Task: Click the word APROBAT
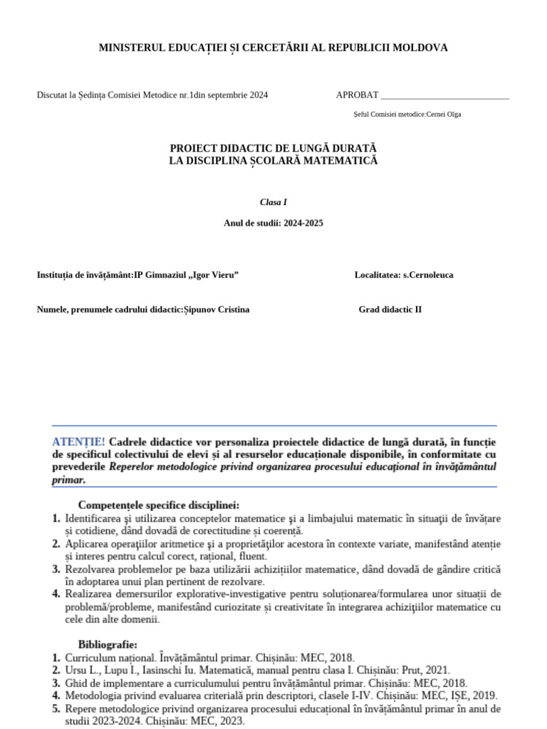(357, 95)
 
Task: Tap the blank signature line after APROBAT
(445, 95)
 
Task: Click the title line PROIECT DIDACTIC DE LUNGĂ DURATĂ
(273, 147)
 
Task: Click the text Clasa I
(273, 202)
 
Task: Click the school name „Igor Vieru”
(213, 275)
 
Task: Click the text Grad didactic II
(390, 310)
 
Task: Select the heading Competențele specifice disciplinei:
(159, 505)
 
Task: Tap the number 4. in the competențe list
(56, 594)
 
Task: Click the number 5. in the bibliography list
(56, 709)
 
